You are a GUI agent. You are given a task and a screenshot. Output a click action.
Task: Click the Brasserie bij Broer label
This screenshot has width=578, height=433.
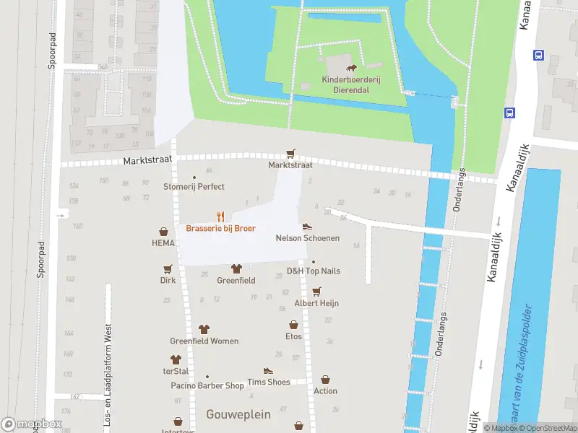(x=220, y=228)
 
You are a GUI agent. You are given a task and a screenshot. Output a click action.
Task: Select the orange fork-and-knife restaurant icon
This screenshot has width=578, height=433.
(x=220, y=216)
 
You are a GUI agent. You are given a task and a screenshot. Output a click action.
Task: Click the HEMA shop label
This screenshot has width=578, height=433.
(x=163, y=244)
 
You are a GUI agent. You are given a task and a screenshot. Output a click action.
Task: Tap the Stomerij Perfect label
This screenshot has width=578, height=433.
(x=194, y=186)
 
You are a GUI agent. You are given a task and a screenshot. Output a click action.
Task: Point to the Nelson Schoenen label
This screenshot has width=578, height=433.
(x=307, y=238)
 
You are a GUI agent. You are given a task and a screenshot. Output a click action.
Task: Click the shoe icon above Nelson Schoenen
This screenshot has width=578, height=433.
(x=307, y=226)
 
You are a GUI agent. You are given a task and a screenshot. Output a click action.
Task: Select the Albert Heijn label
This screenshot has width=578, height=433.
(x=316, y=303)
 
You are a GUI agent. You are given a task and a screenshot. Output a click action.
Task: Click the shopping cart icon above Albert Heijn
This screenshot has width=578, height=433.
(x=316, y=291)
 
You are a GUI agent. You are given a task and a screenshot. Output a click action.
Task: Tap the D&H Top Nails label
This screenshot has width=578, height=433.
(x=313, y=271)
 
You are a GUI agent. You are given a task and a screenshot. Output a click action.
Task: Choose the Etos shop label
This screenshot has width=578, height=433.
(x=293, y=336)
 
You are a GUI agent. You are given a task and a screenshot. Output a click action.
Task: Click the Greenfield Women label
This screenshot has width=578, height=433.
(x=204, y=341)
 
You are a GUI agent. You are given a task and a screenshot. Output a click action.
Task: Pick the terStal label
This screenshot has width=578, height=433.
(x=175, y=371)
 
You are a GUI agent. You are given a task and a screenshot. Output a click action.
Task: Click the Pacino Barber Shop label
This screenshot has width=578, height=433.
(x=207, y=385)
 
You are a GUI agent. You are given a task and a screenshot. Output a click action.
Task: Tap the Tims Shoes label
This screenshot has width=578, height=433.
(x=268, y=382)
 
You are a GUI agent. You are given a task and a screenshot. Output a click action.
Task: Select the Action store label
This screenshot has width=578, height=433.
(x=325, y=390)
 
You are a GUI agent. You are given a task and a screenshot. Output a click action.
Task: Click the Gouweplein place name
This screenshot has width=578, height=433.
(x=238, y=414)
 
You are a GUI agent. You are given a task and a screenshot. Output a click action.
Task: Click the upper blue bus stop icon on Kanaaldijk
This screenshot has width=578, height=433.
(x=538, y=55)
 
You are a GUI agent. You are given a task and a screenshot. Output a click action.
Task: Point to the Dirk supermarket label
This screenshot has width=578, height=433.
(x=168, y=280)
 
